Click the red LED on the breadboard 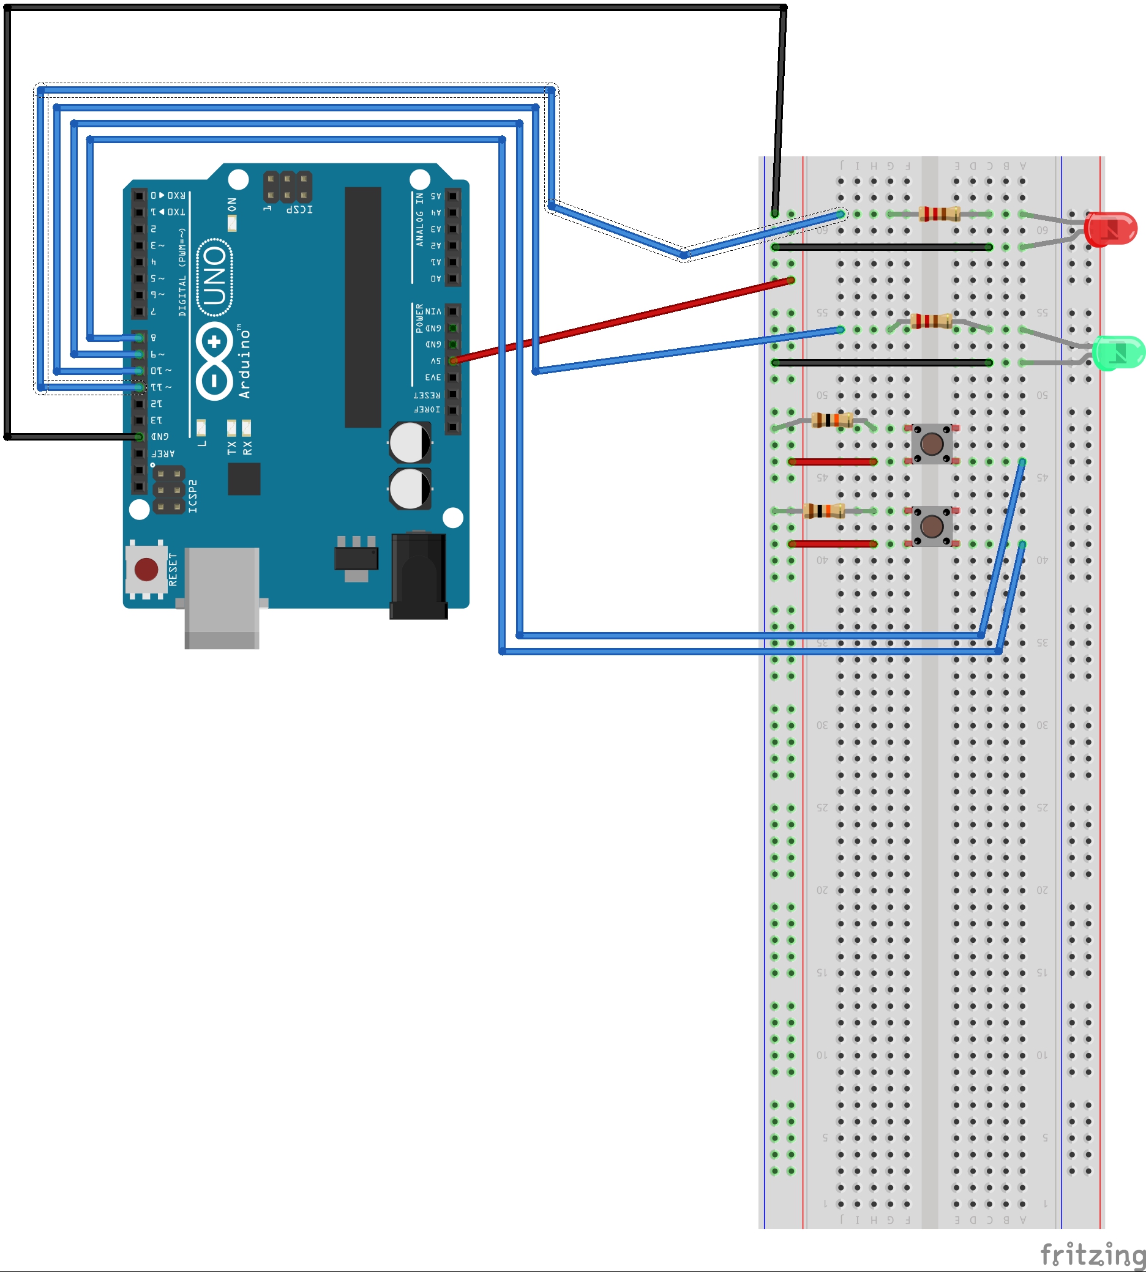coord(1111,229)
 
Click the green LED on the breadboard coord(1118,353)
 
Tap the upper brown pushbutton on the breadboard coord(932,444)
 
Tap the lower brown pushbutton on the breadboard coord(932,526)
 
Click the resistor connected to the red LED coord(939,214)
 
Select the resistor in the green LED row coord(931,322)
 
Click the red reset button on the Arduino coord(146,570)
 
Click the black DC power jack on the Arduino coord(419,576)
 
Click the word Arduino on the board coord(244,364)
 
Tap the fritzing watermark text coord(1093,1255)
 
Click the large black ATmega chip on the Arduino coord(362,307)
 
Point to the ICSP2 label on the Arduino coord(193,496)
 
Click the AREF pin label coord(162,453)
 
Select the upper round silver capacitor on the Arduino coord(410,442)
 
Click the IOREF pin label coord(427,410)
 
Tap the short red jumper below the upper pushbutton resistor coord(833,462)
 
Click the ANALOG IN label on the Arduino coord(419,219)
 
